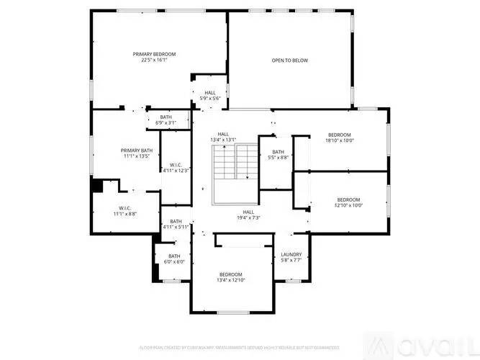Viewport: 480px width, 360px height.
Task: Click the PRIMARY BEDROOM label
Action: point(154,54)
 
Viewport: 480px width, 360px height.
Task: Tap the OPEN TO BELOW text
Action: point(289,60)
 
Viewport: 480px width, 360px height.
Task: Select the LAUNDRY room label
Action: point(292,254)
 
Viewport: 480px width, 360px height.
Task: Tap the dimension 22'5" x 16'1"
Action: point(154,60)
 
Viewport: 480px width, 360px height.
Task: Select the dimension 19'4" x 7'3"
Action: point(248,217)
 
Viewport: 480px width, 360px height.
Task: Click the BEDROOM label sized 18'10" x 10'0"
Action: point(340,135)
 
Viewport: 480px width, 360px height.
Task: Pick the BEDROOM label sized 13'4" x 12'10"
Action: point(230,274)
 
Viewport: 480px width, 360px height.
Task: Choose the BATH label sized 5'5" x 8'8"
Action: point(279,151)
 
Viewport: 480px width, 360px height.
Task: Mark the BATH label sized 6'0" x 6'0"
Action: point(175,256)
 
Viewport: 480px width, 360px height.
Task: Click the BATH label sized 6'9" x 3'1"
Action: point(166,117)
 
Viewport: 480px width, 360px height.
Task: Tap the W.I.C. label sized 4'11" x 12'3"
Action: point(175,165)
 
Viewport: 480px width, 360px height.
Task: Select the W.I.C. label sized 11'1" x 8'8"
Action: point(124,208)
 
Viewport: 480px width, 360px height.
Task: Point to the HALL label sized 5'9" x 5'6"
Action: point(210,92)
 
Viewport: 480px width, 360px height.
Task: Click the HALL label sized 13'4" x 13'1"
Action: point(224,134)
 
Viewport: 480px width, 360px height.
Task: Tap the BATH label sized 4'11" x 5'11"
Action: point(175,222)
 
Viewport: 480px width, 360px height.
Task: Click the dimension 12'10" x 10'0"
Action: point(349,205)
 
